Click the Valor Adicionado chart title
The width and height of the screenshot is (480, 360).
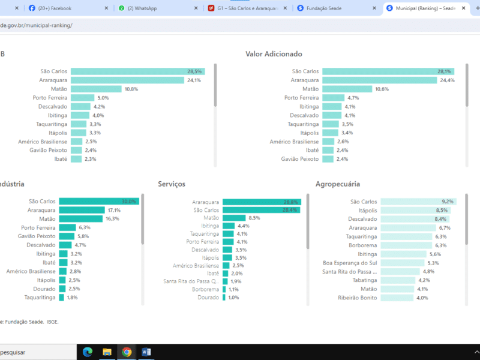click(x=281, y=54)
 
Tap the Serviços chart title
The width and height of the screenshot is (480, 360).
click(x=172, y=184)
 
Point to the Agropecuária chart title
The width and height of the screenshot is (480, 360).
click(x=338, y=184)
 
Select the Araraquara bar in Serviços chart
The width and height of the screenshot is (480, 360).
click(x=262, y=202)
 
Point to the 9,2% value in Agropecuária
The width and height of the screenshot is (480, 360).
click(x=448, y=202)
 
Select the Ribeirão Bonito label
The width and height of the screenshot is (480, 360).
click(x=358, y=298)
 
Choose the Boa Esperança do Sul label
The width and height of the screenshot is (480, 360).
click(x=350, y=263)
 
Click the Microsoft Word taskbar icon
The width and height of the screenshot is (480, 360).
click(x=146, y=352)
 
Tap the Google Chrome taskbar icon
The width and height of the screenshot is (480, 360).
click(x=127, y=352)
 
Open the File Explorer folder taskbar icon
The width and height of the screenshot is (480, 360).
click(x=107, y=352)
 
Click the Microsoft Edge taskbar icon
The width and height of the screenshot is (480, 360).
click(x=87, y=352)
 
